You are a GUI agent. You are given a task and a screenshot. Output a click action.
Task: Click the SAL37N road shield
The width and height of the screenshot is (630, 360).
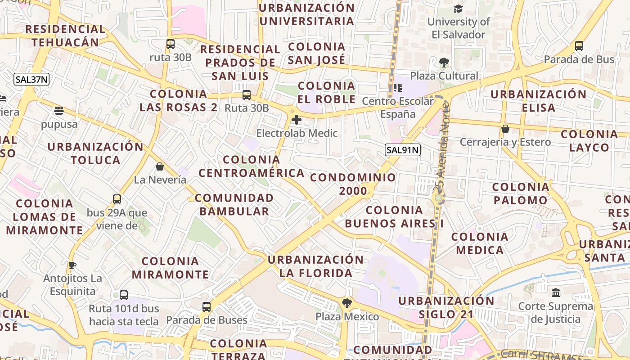tap(31, 80)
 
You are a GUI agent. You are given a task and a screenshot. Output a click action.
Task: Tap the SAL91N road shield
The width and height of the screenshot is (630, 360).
tap(402, 150)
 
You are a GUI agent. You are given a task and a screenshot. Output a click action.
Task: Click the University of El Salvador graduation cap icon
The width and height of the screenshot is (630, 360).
tap(458, 9)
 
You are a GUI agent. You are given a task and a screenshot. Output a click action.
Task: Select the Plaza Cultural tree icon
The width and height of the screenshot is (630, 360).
tap(444, 63)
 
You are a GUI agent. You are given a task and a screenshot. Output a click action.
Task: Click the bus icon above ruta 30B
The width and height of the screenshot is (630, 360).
tap(170, 44)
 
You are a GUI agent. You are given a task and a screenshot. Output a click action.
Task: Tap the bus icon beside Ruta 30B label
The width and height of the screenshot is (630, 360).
tap(246, 95)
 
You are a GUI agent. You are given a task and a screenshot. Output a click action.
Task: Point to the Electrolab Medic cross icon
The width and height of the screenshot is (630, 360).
tap(297, 120)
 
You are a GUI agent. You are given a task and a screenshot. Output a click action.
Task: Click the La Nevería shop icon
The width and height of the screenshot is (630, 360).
tap(160, 167)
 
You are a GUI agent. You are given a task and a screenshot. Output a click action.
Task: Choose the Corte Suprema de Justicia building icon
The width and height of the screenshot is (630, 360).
tap(555, 293)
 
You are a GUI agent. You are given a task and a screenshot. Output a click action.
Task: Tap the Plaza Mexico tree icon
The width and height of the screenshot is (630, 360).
tap(346, 303)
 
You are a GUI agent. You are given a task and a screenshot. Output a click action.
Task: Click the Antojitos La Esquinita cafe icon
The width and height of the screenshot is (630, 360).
tap(72, 265)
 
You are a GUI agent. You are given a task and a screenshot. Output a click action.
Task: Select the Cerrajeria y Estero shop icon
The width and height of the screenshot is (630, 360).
tap(505, 129)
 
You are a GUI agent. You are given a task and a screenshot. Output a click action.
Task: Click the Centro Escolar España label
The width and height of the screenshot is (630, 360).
tap(398, 108)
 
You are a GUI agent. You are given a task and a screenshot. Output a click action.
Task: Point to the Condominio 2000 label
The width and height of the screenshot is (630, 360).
tap(353, 184)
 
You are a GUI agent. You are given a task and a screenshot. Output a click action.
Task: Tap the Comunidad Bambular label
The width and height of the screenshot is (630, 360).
tap(234, 204)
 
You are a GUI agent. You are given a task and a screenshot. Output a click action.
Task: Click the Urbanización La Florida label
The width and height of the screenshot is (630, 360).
tap(315, 266)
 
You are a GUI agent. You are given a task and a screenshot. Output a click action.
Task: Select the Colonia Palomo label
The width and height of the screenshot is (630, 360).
tap(521, 193)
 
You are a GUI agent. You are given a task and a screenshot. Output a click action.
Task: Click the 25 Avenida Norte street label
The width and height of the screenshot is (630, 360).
tap(442, 148)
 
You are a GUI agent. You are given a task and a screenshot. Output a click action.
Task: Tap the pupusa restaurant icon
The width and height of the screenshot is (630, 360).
tap(58, 110)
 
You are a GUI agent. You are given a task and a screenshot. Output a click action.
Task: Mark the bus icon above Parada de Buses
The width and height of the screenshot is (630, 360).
tap(207, 307)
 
